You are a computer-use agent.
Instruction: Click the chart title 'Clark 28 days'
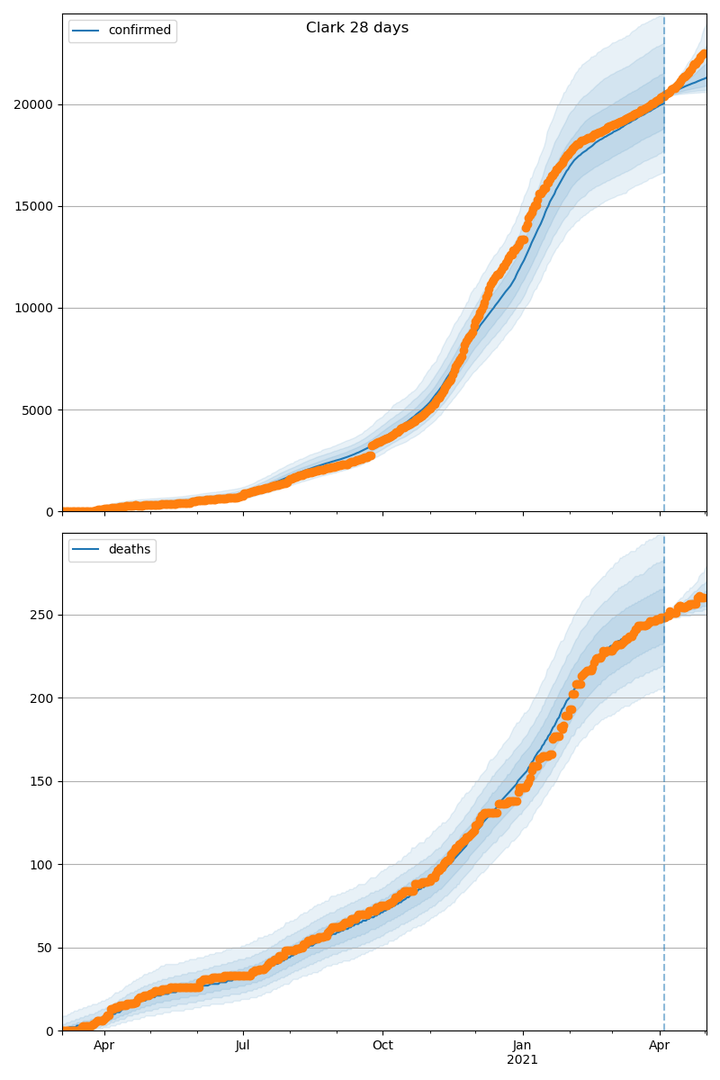pos(357,28)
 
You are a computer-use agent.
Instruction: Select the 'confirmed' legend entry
pos(139,31)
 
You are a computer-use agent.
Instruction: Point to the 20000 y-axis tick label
pos(34,104)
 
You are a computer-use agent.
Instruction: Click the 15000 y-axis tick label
pos(34,206)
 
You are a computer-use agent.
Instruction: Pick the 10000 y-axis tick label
pos(34,308)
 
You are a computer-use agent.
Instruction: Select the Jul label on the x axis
pos(243,1046)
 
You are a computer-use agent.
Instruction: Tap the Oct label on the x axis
pos(382,1046)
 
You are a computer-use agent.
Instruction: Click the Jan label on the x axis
pos(522,1046)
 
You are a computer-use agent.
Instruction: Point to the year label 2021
pos(522,1060)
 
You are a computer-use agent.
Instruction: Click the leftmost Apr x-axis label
pos(104,1046)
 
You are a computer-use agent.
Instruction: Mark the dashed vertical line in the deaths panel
pos(664,810)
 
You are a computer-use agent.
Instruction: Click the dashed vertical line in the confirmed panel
pos(664,315)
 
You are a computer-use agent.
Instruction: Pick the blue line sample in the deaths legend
pos(87,550)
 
